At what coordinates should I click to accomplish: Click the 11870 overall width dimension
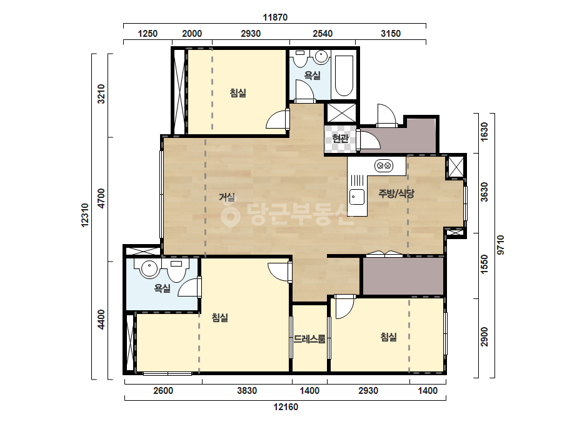point(275,17)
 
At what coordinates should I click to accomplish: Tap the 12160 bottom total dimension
point(286,407)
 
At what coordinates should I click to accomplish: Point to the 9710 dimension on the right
point(501,245)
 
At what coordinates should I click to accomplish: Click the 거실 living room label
point(227,197)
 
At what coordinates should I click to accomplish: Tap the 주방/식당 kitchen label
point(396,194)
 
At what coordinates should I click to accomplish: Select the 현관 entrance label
point(340,139)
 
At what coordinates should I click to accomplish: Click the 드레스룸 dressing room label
point(309,339)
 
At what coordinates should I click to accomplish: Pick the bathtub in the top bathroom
point(344,76)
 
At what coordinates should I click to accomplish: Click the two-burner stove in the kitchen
point(384,166)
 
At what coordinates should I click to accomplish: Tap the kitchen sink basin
point(356,197)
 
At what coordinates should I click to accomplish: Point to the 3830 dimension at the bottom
point(246,390)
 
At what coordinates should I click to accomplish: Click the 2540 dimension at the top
point(323,34)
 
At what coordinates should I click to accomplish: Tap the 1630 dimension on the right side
point(484,132)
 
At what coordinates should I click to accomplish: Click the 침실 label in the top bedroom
point(238,93)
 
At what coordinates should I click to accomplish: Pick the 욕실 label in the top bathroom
point(312,76)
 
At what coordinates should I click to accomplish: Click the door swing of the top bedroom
point(277,120)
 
